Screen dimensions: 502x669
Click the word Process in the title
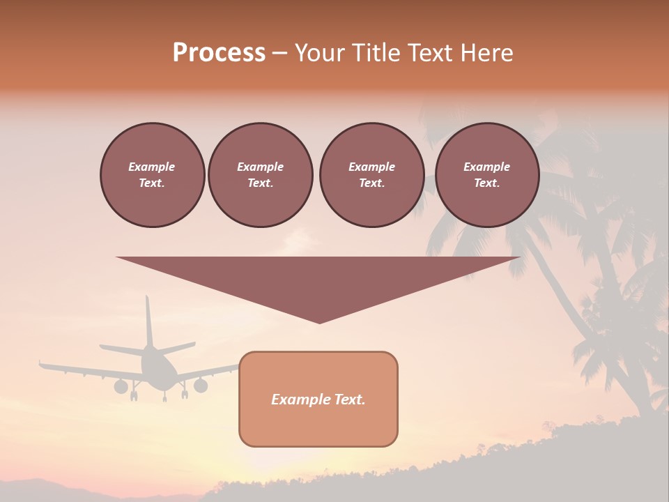tap(219, 52)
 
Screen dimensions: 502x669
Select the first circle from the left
tap(152, 175)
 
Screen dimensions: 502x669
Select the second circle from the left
tap(260, 175)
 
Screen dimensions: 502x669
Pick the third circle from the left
tap(371, 175)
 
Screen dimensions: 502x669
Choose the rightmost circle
tap(486, 175)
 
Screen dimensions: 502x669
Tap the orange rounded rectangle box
tap(318, 418)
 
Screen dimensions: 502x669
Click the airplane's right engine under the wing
tap(201, 385)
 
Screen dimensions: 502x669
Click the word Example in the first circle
tap(152, 167)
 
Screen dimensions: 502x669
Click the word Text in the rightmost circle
tap(486, 183)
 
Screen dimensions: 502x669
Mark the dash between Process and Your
tap(279, 52)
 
